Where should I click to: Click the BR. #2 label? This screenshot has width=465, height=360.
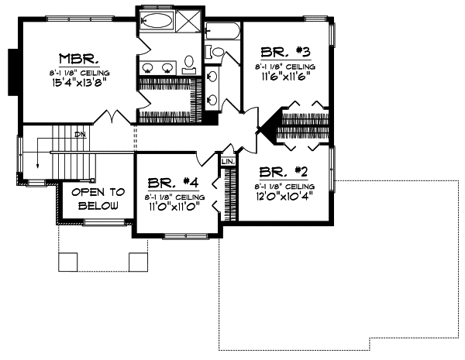click(284, 172)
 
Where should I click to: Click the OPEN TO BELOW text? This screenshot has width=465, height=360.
click(95, 199)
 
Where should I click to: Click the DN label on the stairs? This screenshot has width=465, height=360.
click(80, 135)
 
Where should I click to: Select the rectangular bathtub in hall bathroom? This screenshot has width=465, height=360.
click(223, 33)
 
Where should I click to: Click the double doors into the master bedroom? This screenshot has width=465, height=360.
click(116, 118)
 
